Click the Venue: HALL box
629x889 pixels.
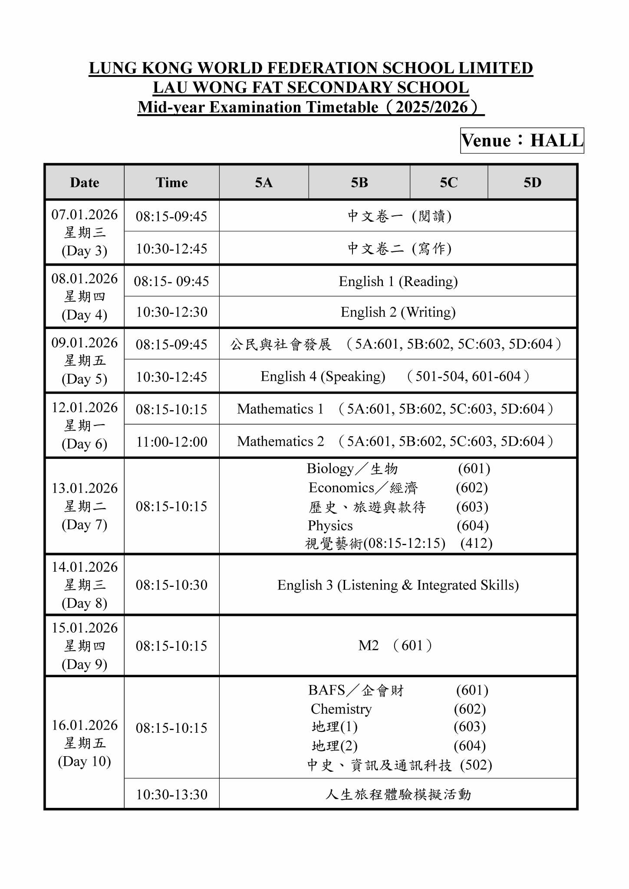click(x=522, y=141)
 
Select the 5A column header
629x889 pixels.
click(x=263, y=182)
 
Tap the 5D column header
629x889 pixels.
click(x=532, y=182)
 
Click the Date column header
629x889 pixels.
click(x=85, y=182)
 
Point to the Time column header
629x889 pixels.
click(x=171, y=182)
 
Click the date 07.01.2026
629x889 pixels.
click(x=85, y=214)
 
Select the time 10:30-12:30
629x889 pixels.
click(x=171, y=312)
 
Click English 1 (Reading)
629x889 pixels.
click(x=398, y=281)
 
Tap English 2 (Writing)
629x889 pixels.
click(x=398, y=312)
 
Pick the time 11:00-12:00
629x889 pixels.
click(x=171, y=441)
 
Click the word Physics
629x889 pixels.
click(x=330, y=525)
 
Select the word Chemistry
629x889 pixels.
click(x=341, y=709)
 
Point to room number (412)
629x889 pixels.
click(x=476, y=543)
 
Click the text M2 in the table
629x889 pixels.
click(x=369, y=645)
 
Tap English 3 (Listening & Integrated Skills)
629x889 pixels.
click(x=398, y=585)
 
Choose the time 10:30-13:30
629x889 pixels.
click(x=171, y=794)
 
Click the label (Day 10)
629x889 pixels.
click(x=85, y=761)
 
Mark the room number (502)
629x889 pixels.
click(x=476, y=765)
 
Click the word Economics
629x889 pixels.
click(x=341, y=487)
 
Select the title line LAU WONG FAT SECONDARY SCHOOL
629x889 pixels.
click(x=311, y=88)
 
